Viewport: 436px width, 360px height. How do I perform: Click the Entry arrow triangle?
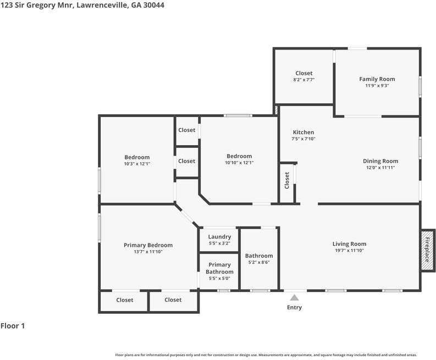click(295, 298)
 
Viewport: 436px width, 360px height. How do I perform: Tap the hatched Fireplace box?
click(427, 250)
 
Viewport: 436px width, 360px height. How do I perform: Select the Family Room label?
click(377, 79)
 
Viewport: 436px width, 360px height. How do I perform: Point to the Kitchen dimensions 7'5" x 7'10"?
click(303, 139)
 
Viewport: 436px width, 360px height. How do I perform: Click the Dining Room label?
click(380, 161)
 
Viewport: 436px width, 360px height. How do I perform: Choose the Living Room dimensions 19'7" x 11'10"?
click(349, 250)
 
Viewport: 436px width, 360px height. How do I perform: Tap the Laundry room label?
click(219, 237)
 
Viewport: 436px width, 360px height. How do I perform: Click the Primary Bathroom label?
click(219, 268)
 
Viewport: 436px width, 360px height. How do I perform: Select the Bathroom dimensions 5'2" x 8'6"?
click(259, 262)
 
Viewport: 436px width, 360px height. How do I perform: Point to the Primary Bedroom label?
click(148, 245)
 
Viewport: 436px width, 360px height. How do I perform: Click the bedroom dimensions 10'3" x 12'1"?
click(137, 164)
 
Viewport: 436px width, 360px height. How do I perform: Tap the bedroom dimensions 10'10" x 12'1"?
click(239, 163)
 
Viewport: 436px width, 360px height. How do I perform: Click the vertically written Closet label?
click(287, 180)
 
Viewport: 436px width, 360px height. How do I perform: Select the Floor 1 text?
click(13, 326)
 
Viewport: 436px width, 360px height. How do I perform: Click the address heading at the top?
click(82, 5)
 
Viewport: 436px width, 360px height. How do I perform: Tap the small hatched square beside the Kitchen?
click(276, 110)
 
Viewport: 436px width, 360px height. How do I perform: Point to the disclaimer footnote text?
click(266, 355)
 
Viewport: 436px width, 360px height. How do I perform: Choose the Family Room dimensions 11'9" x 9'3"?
click(377, 86)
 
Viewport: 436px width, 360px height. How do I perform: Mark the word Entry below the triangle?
click(295, 307)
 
